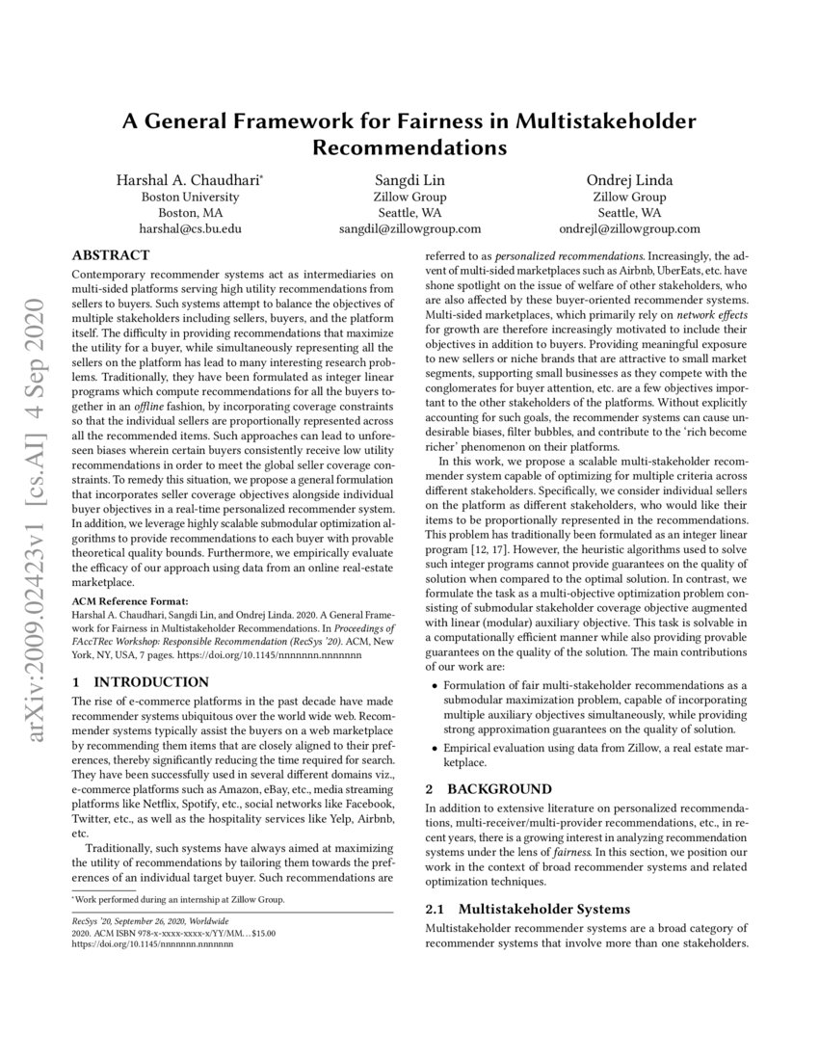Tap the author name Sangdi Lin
point(409,180)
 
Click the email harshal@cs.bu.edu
point(191,229)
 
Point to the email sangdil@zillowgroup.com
point(409,229)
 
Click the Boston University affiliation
point(191,197)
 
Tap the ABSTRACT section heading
point(111,256)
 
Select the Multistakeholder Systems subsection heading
point(543,909)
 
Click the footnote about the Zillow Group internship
point(178,900)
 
